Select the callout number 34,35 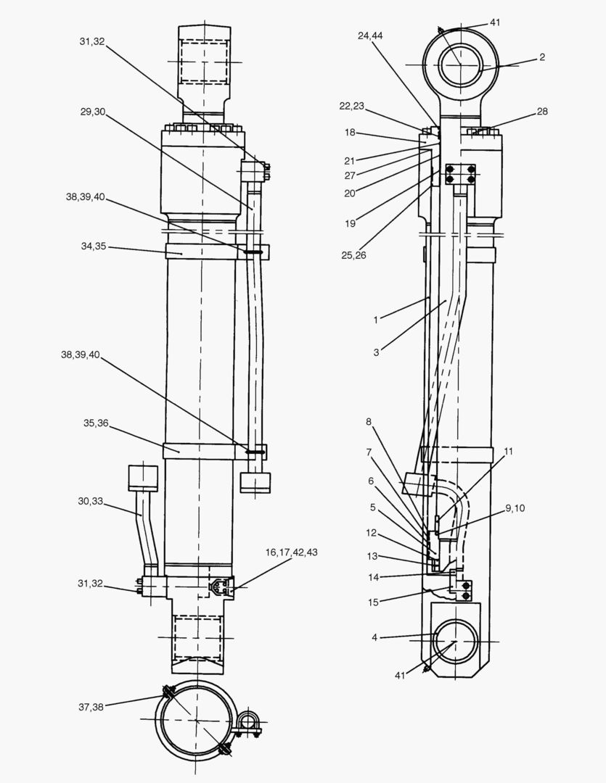tap(94, 246)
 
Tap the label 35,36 tap(95, 423)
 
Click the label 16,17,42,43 tap(291, 552)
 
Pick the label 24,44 tap(371, 35)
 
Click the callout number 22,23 tap(351, 106)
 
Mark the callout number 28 tap(542, 112)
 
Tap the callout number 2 tap(541, 57)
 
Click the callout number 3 tap(376, 352)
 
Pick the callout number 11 tap(508, 451)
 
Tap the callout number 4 tap(374, 637)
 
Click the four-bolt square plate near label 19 tap(460, 175)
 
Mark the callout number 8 tap(369, 421)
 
